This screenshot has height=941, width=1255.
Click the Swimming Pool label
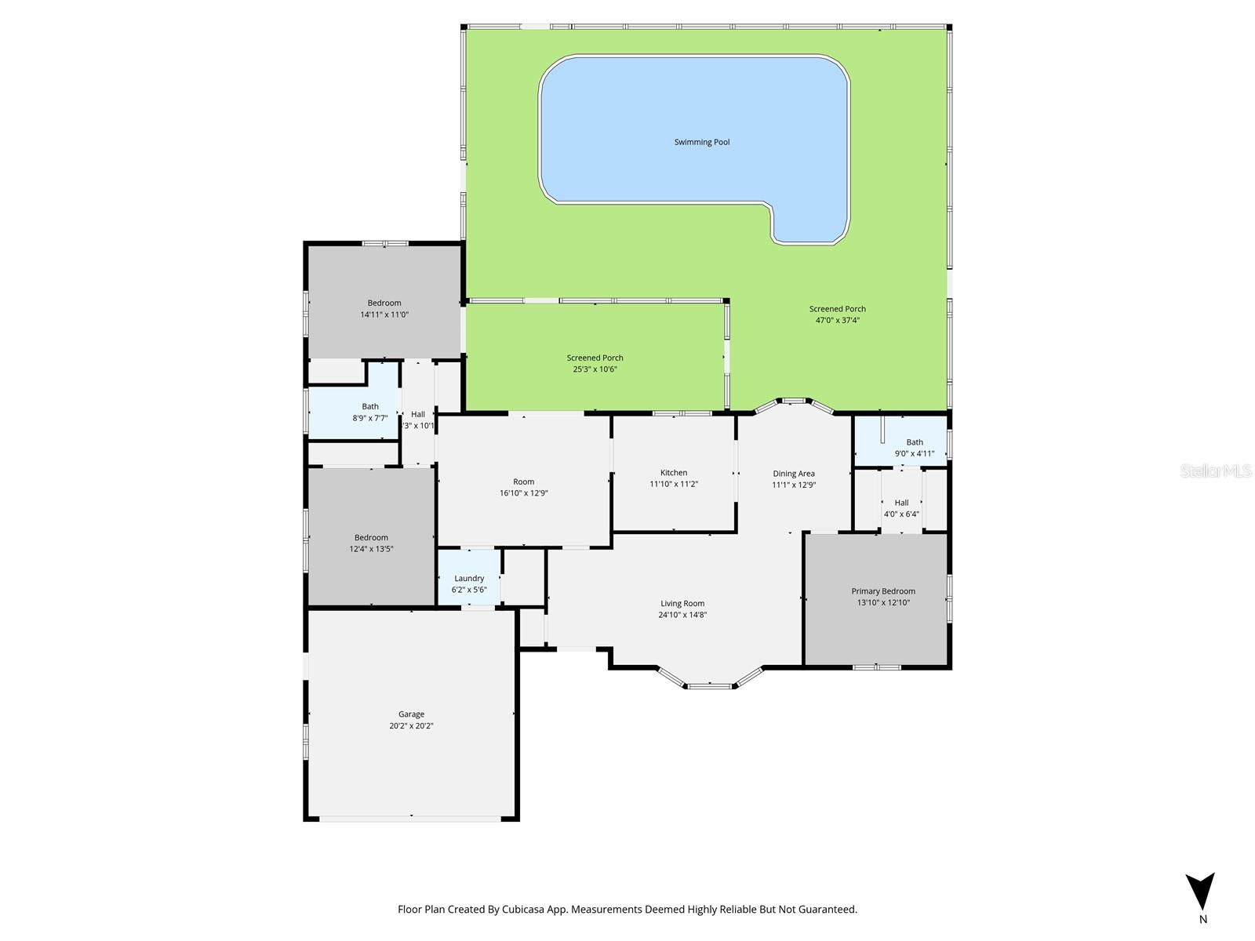pyautogui.click(x=702, y=142)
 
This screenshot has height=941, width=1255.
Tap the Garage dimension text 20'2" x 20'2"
pyautogui.click(x=411, y=726)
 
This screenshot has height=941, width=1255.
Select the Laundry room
pyautogui.click(x=469, y=579)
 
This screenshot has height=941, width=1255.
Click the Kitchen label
pyautogui.click(x=673, y=473)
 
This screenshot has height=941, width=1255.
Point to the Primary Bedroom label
pyautogui.click(x=883, y=591)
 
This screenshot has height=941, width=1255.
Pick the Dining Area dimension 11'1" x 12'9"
pyautogui.click(x=794, y=485)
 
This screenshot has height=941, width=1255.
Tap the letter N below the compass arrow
pyautogui.click(x=1203, y=920)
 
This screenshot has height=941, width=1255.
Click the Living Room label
pyautogui.click(x=682, y=604)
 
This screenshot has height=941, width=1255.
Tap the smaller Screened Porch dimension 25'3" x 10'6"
pyautogui.click(x=595, y=369)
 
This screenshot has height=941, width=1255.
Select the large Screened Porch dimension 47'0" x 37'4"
pyautogui.click(x=838, y=320)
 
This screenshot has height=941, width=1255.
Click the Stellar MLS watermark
pyautogui.click(x=1217, y=470)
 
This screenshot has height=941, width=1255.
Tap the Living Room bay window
pyautogui.click(x=710, y=684)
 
